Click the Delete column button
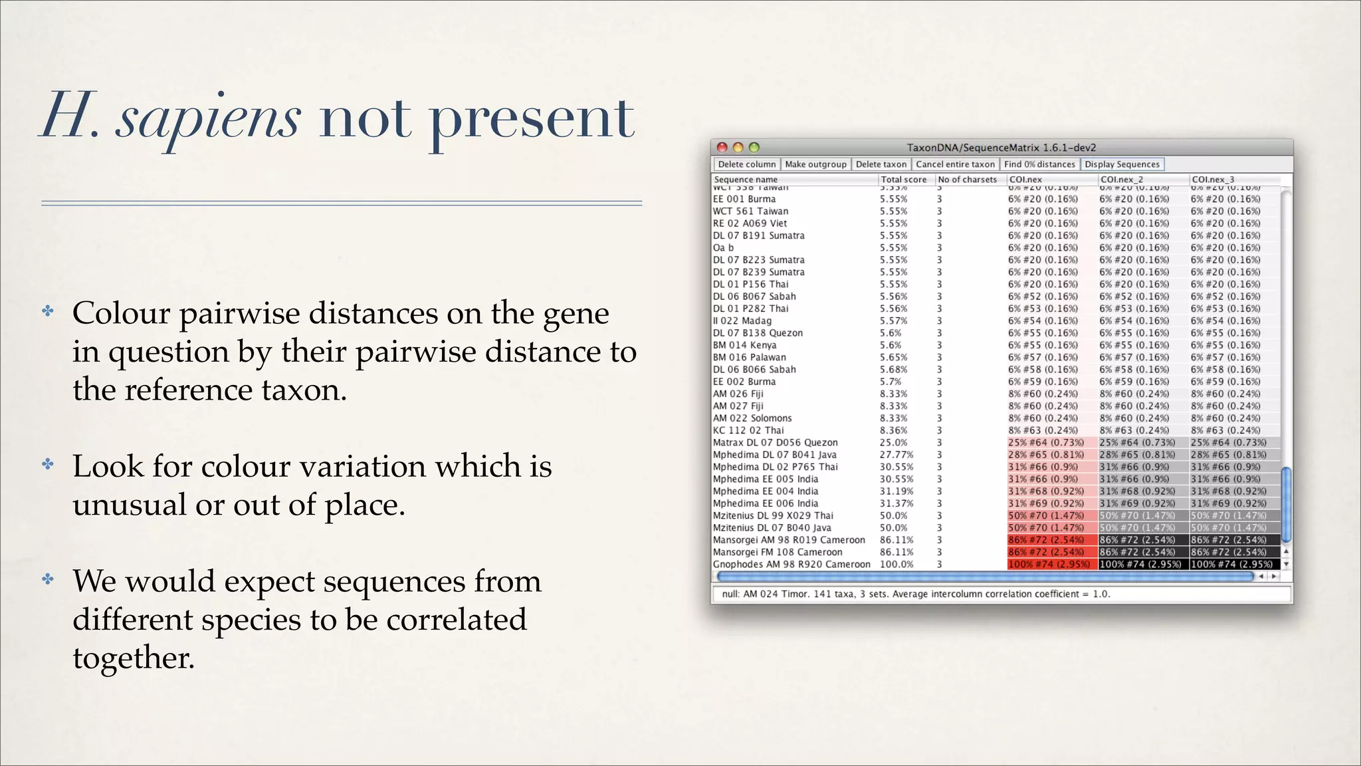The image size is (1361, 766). [746, 164]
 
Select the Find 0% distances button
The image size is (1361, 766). [1039, 164]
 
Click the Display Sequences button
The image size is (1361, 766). [1122, 164]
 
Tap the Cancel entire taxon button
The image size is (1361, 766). [955, 164]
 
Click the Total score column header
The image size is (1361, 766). [903, 180]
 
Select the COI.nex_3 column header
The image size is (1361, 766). [1213, 180]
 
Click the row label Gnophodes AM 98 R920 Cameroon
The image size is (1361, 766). [791, 565]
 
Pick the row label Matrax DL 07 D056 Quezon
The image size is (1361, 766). [775, 443]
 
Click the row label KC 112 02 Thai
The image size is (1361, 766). [748, 430]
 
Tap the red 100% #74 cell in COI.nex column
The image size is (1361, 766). [1049, 565]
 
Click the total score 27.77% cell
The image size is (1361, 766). [896, 455]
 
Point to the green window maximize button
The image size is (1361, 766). [754, 148]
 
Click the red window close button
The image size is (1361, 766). [722, 148]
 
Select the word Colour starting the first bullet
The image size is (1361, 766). [121, 313]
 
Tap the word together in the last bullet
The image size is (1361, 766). [133, 658]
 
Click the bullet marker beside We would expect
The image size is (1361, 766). [48, 579]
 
